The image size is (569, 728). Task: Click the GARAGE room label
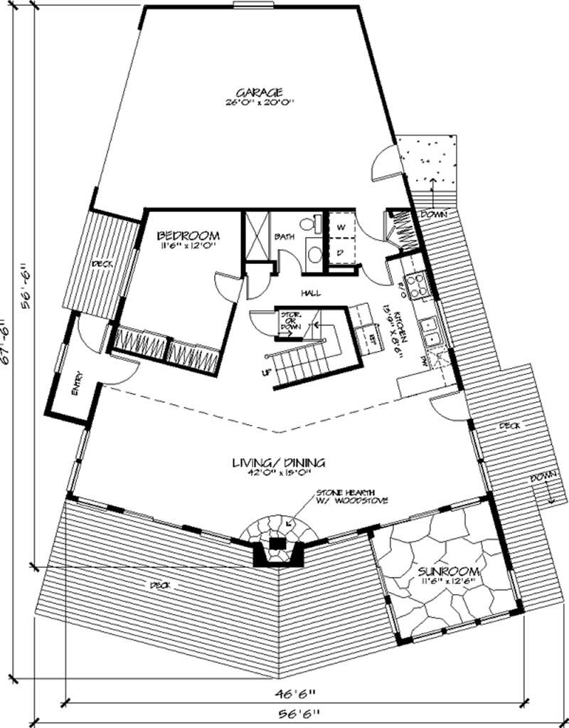(260, 93)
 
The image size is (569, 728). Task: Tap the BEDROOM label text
(188, 236)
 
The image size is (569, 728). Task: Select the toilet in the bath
(308, 223)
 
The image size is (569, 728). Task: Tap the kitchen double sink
(430, 330)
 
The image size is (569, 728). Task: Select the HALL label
(309, 292)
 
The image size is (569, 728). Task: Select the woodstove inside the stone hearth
(279, 544)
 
